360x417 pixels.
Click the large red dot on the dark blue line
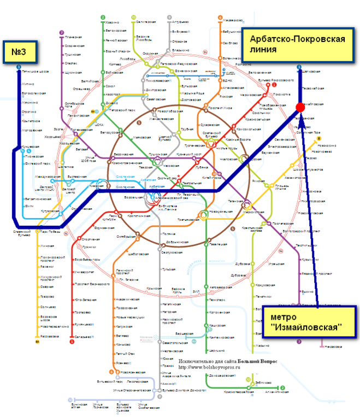[x=300, y=107]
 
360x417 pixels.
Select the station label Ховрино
[x=113, y=22]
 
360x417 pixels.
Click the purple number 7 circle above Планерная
[x=62, y=32]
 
